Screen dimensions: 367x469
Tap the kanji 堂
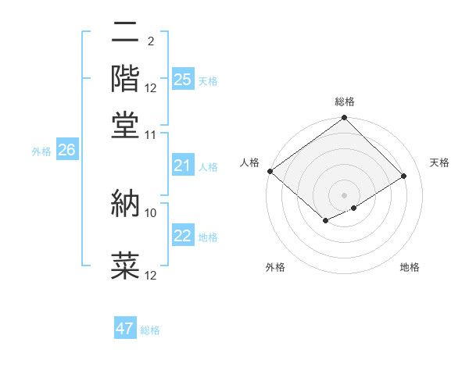(x=126, y=124)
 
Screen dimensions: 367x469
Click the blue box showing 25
(x=183, y=79)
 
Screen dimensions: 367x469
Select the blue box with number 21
(x=183, y=166)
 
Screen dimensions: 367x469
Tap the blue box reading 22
(x=183, y=236)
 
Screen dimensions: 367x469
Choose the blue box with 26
(x=66, y=151)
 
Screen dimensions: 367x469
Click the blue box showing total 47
(x=125, y=329)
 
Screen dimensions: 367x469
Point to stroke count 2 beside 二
(x=151, y=41)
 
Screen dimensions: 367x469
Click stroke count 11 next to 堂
(x=151, y=134)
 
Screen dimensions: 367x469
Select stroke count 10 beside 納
(x=151, y=212)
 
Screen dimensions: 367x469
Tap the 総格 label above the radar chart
(x=345, y=102)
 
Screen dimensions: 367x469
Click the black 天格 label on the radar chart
(x=439, y=162)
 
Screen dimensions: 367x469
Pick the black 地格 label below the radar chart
(x=410, y=267)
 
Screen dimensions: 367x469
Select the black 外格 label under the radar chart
(x=275, y=267)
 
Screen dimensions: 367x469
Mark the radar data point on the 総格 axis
(x=345, y=119)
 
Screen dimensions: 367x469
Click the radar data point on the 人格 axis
(x=270, y=171)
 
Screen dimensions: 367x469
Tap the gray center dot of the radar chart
(x=345, y=194)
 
